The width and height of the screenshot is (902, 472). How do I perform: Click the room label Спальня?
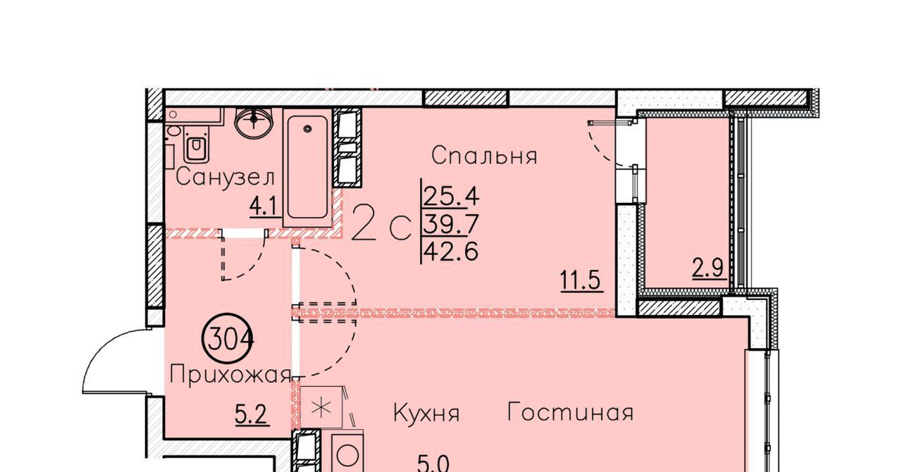(484, 156)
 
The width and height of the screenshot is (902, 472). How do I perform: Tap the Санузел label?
(225, 178)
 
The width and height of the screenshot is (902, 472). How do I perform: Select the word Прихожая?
(230, 375)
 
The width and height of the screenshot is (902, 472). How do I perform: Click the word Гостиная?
(570, 412)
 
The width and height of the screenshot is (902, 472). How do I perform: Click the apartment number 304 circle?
(228, 340)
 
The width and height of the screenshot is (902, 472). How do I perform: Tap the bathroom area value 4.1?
(263, 207)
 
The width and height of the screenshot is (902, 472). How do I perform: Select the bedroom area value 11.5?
(582, 280)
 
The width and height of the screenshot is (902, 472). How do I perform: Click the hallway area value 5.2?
(252, 414)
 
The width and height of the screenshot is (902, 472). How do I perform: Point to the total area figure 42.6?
(450, 252)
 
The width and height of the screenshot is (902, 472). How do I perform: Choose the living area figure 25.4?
(450, 197)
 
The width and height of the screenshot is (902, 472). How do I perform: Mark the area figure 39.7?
(450, 224)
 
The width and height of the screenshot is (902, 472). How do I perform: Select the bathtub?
(308, 168)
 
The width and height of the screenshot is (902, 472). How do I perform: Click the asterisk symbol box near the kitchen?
(321, 407)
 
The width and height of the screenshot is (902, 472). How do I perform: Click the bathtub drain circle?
(308, 129)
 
